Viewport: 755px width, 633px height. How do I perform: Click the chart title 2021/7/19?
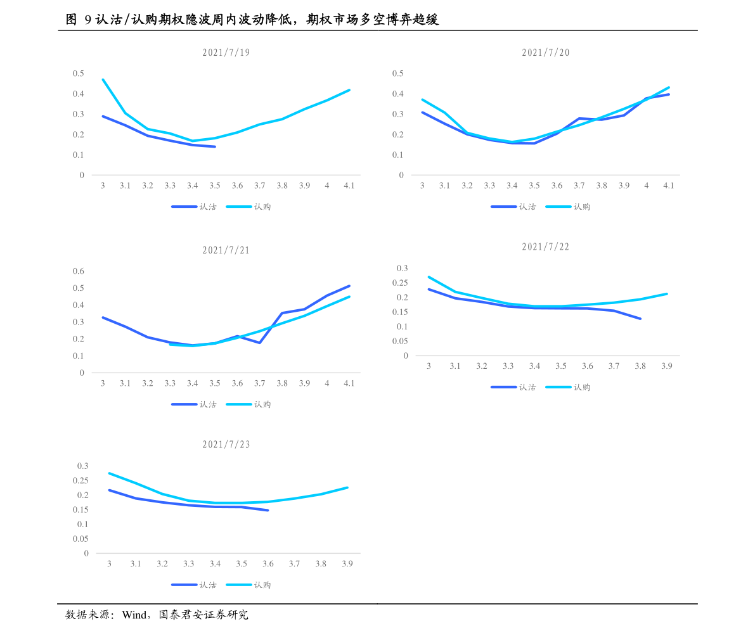pos(226,53)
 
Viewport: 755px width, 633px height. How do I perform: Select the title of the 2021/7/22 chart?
pos(546,247)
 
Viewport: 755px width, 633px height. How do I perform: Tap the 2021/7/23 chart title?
pos(226,445)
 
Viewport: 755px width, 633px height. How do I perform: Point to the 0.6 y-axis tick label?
pos(79,271)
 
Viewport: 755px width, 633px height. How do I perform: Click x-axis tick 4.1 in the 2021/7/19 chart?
pos(349,186)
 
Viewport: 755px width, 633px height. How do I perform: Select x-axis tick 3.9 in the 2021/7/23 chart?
pos(347,564)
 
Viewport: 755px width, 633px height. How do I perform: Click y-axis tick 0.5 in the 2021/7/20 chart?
pos(397,74)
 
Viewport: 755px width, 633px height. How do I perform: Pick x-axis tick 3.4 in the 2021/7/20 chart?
pos(512,186)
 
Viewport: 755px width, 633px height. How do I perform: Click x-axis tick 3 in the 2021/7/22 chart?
pos(429,366)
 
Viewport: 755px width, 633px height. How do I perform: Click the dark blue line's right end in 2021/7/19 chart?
pos(215,146)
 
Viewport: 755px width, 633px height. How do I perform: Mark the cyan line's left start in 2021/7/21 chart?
pos(170,344)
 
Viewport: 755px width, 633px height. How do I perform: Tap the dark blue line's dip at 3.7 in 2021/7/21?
pos(260,343)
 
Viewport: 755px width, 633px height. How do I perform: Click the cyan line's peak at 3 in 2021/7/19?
pos(103,80)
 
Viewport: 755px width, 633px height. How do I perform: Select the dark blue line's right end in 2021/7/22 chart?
pos(640,319)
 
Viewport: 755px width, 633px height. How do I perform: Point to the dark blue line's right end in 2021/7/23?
pos(268,510)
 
